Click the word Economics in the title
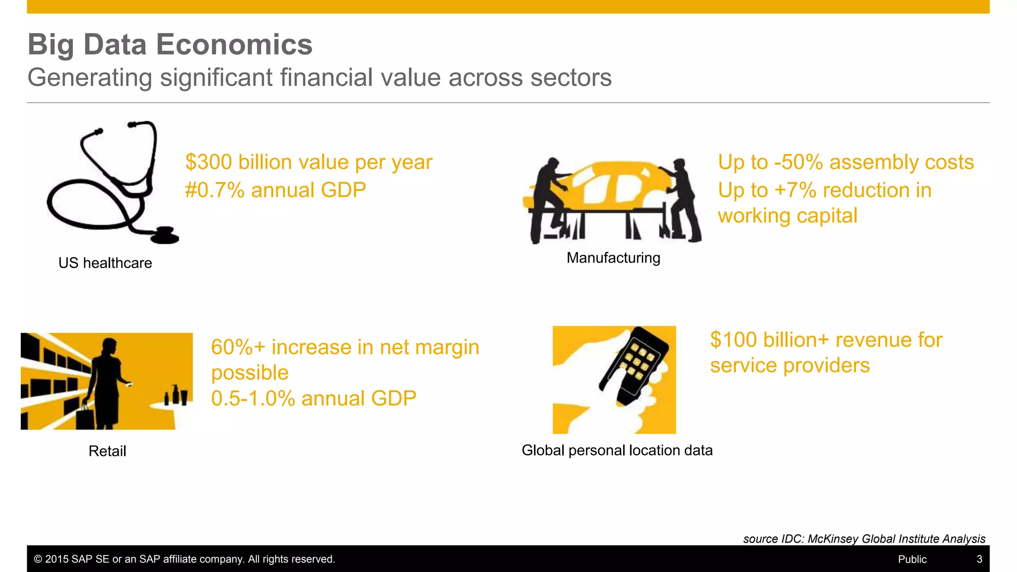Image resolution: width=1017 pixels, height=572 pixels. pyautogui.click(x=234, y=45)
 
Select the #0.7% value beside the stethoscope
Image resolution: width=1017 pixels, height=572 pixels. pyautogui.click(x=215, y=190)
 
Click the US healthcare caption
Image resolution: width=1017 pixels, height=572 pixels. pyautogui.click(x=105, y=263)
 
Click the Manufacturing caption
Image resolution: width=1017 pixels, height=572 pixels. pyautogui.click(x=613, y=258)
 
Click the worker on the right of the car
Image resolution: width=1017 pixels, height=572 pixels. pyautogui.click(x=684, y=199)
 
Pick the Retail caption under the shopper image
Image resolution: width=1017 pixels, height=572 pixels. pyautogui.click(x=107, y=451)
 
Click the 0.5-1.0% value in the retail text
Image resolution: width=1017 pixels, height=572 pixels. pyautogui.click(x=253, y=399)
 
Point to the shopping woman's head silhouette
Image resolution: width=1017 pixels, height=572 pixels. pyautogui.click(x=109, y=346)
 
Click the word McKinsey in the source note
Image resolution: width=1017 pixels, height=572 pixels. pyautogui.click(x=833, y=539)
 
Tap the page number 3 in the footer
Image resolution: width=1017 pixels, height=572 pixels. pyautogui.click(x=979, y=560)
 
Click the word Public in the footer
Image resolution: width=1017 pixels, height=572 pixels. pyautogui.click(x=912, y=560)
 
